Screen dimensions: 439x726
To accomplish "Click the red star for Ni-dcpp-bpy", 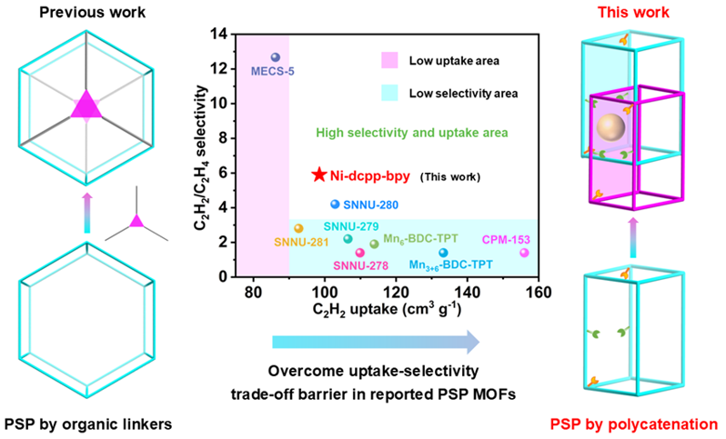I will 318,175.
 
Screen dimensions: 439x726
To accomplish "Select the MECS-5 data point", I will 276,57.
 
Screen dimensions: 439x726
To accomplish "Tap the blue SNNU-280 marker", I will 335,205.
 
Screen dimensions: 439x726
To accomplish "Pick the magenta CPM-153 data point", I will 524,253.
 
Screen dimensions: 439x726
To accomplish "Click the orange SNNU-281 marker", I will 298,228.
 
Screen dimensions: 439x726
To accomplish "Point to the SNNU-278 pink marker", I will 359,253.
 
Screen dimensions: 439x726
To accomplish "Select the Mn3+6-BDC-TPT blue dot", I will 443,253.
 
